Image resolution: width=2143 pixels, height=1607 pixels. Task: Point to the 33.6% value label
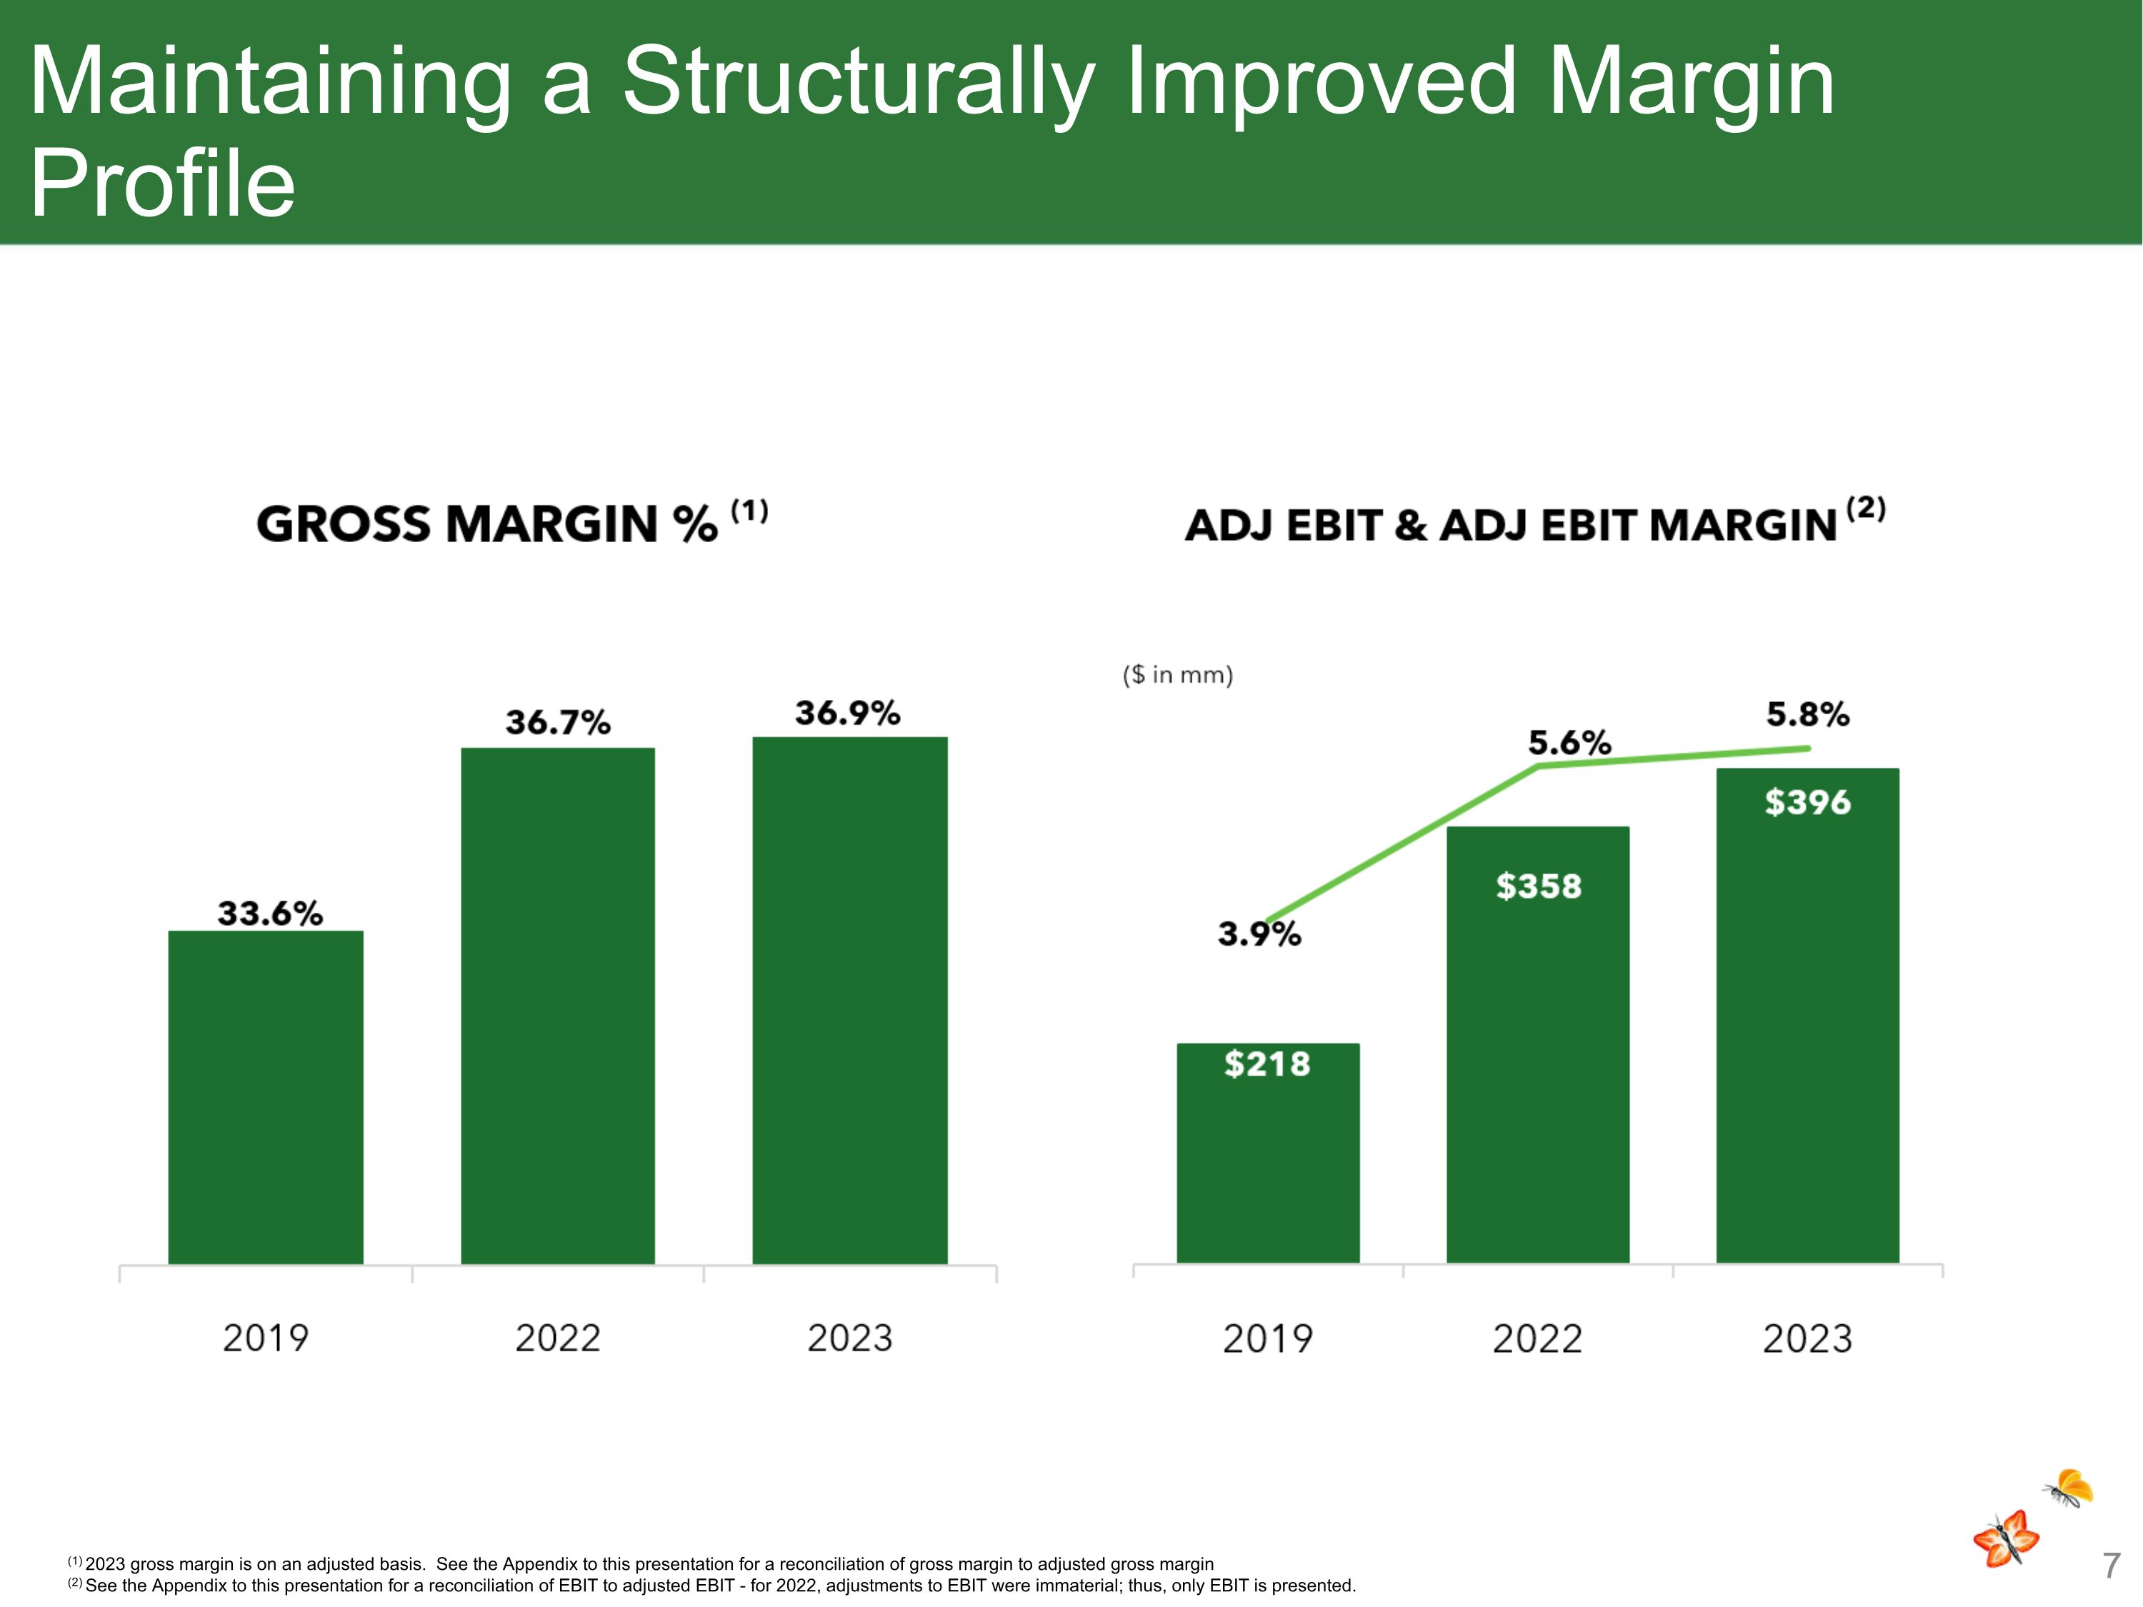[x=269, y=913]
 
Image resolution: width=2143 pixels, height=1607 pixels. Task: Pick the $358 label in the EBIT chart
[x=1539, y=886]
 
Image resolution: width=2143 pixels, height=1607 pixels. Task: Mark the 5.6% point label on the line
[x=1569, y=743]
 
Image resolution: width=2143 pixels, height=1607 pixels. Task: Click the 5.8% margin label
[x=1808, y=715]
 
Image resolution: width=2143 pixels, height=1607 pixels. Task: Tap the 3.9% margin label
[x=1259, y=933]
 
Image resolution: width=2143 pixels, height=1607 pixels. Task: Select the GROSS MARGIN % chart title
[x=487, y=524]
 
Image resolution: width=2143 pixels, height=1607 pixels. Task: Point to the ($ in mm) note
[x=1178, y=675]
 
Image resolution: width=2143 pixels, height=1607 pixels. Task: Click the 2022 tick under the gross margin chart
[x=558, y=1338]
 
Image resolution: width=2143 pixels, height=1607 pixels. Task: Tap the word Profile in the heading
[x=163, y=184]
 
